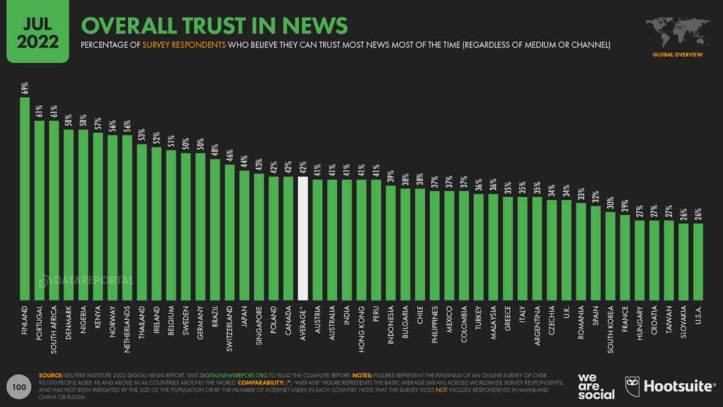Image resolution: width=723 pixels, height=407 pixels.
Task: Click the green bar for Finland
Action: click(x=24, y=199)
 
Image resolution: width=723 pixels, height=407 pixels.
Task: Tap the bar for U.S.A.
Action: click(x=698, y=262)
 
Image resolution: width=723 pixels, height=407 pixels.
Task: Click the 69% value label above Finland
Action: click(x=24, y=88)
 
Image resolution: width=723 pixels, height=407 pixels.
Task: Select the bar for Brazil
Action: click(x=215, y=229)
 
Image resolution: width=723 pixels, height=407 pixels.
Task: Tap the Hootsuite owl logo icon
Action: click(x=632, y=386)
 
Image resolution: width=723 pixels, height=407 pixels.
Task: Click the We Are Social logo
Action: click(x=596, y=386)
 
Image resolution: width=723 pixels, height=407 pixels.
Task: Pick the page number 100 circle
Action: click(x=19, y=386)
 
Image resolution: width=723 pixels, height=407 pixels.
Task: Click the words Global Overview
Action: click(x=677, y=55)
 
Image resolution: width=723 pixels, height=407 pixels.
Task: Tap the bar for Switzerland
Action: click(x=230, y=232)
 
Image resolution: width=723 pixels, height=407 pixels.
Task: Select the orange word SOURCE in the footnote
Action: click(x=51, y=374)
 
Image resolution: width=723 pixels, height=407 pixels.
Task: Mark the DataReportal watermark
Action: click(x=86, y=280)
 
